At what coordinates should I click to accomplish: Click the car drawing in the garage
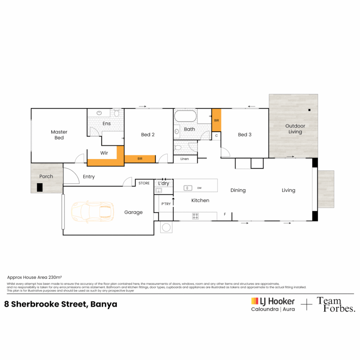click(x=92, y=212)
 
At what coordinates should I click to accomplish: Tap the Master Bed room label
click(x=59, y=135)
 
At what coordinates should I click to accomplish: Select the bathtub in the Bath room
click(x=185, y=117)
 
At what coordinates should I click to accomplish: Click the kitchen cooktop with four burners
click(x=196, y=216)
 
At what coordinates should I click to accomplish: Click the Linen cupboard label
click(x=184, y=159)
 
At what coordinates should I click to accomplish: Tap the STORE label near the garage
click(x=144, y=183)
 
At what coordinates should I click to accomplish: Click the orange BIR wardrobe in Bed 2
click(x=140, y=159)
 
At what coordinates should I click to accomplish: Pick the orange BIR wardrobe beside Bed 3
click(x=216, y=120)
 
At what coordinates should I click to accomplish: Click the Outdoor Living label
click(x=295, y=129)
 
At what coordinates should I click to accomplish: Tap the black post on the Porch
click(x=40, y=187)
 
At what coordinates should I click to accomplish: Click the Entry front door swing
click(x=71, y=176)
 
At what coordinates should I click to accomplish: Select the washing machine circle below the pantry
click(x=166, y=228)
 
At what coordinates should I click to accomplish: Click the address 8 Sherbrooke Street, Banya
click(x=61, y=304)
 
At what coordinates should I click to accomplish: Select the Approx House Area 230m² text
click(x=35, y=277)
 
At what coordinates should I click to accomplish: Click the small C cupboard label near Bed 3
click(x=216, y=136)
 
